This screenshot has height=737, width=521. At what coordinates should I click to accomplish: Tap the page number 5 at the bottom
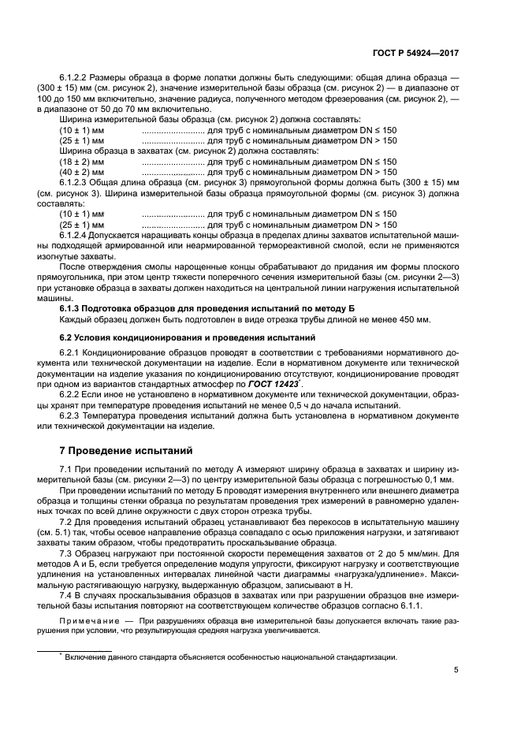(x=456, y=671)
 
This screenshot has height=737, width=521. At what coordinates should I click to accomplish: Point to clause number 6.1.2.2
(x=76, y=76)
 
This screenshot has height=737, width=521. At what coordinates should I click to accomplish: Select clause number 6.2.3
(x=71, y=416)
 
